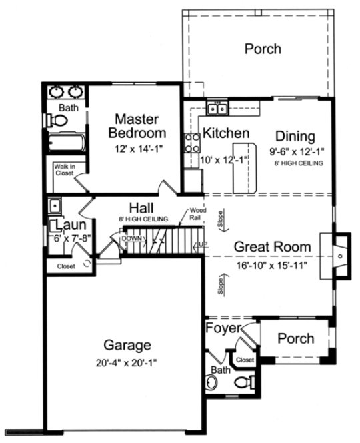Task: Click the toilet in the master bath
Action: [x=59, y=121]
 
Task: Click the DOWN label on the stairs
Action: [x=131, y=238]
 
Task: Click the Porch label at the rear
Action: [x=262, y=49]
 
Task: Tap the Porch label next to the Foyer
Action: [x=295, y=338]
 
